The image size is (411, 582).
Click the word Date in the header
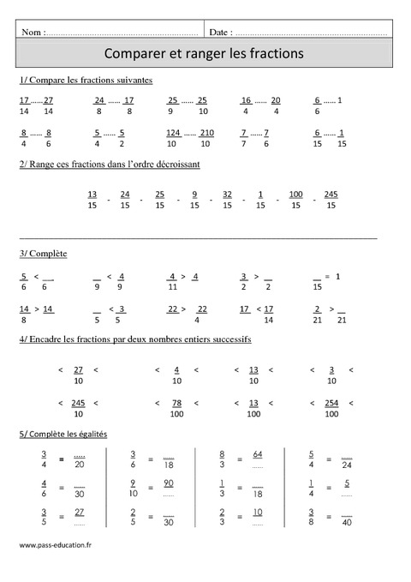(219, 32)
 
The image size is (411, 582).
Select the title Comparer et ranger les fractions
(204, 53)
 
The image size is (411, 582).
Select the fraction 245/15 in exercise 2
(331, 200)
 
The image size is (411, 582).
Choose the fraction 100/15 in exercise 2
(296, 200)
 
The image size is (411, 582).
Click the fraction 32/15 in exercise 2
(227, 200)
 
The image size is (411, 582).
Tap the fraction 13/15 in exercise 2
(92, 200)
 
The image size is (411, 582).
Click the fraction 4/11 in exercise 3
(173, 283)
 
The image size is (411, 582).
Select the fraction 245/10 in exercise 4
(78, 409)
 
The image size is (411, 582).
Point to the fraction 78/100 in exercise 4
(176, 409)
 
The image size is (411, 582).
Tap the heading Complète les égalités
(64, 435)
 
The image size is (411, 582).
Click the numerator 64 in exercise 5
(258, 454)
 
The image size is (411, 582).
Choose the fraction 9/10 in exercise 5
(134, 489)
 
